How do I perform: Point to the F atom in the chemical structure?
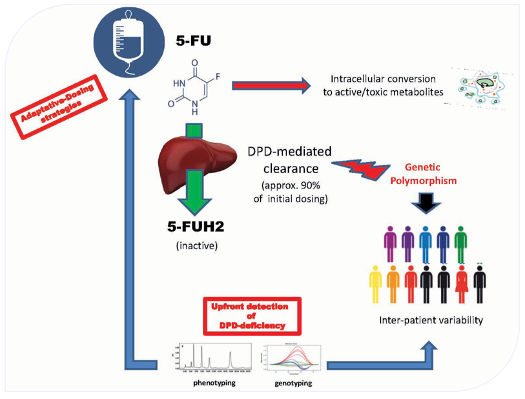[x=218, y=81]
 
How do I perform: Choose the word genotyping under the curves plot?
[x=292, y=382]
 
